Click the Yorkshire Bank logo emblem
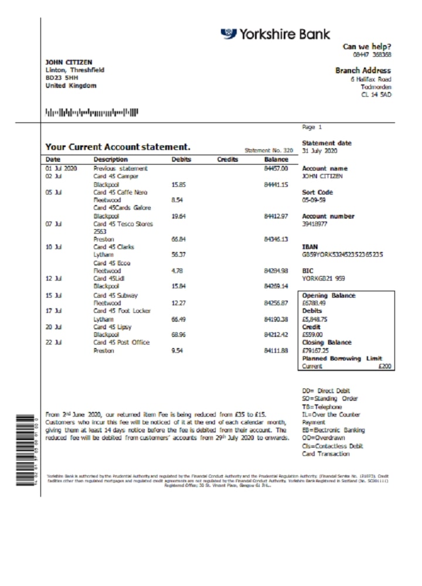229,34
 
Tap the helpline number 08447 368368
375,54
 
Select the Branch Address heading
363,70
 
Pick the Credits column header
227,159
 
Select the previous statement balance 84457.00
276,168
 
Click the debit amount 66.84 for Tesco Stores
179,239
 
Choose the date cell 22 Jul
53,342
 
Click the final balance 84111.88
276,350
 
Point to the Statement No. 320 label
268,150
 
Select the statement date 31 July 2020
321,151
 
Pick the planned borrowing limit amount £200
385,366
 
